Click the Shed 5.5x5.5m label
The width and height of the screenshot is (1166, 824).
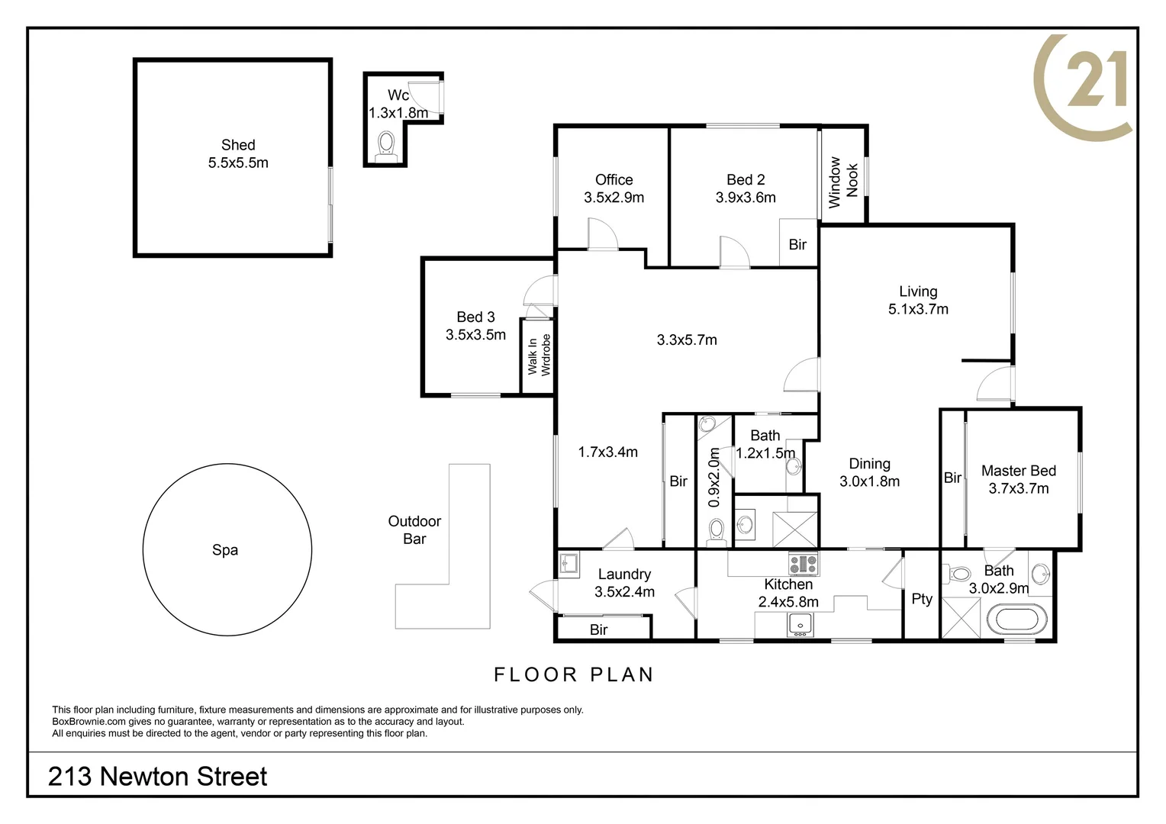click(x=238, y=153)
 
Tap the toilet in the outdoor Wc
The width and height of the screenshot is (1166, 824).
click(x=387, y=143)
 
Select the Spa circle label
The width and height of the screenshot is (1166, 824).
click(x=225, y=550)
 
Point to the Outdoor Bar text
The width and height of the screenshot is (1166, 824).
click(x=414, y=529)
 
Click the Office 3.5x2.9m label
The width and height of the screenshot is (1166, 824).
click(x=614, y=188)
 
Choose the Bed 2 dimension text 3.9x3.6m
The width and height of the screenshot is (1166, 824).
click(x=746, y=198)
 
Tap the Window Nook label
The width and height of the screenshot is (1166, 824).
click(x=843, y=182)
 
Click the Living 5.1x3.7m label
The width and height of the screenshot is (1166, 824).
click(x=918, y=300)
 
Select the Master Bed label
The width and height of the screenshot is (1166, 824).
click(x=1018, y=472)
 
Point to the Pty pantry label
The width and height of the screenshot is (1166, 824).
click(x=922, y=599)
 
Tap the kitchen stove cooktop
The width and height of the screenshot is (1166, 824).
click(x=803, y=564)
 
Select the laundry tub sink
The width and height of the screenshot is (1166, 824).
click(x=569, y=563)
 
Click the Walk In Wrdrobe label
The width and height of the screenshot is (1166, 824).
click(x=539, y=355)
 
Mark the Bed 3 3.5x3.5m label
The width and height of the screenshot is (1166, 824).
click(x=475, y=326)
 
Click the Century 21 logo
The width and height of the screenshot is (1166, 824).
click(x=1084, y=85)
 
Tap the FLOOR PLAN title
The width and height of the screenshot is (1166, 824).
click(x=574, y=674)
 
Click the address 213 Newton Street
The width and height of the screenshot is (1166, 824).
click(x=157, y=777)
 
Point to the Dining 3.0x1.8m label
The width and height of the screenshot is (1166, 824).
click(x=869, y=472)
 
